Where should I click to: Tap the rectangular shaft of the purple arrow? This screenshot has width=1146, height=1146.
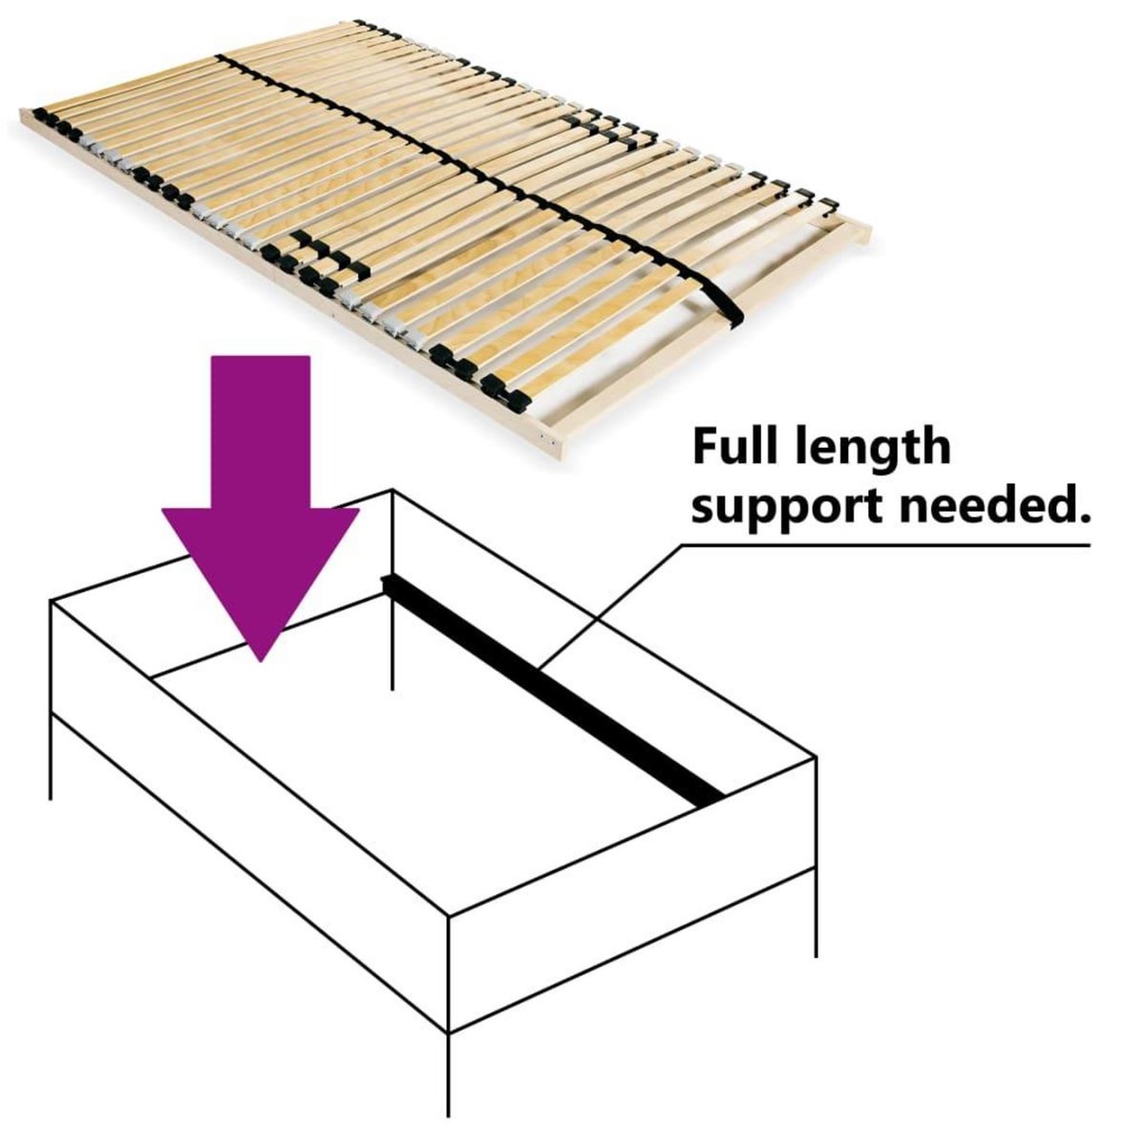(260, 430)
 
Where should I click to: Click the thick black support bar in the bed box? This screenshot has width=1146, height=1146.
(554, 688)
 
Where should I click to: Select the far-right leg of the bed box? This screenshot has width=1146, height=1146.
(815, 907)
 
